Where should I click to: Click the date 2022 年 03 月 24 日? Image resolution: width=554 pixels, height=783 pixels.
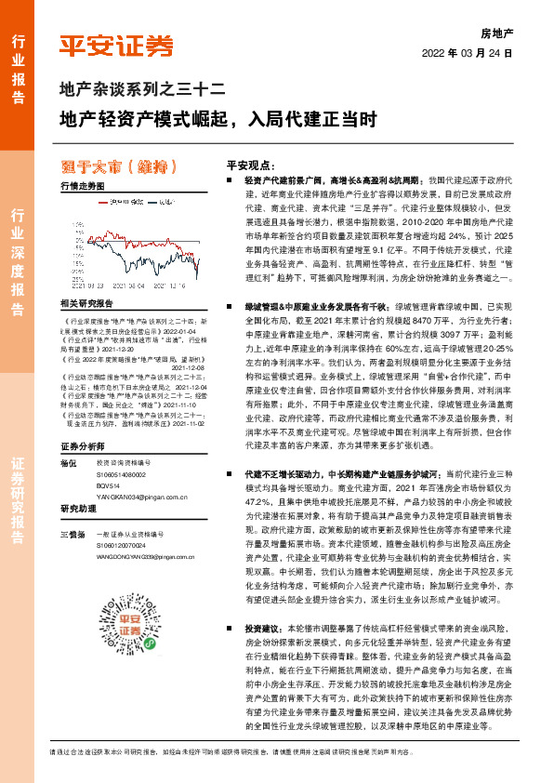[x=468, y=53]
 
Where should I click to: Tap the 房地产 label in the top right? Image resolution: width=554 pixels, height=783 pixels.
[x=496, y=33]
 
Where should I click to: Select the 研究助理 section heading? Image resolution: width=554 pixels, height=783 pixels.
[x=79, y=509]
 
